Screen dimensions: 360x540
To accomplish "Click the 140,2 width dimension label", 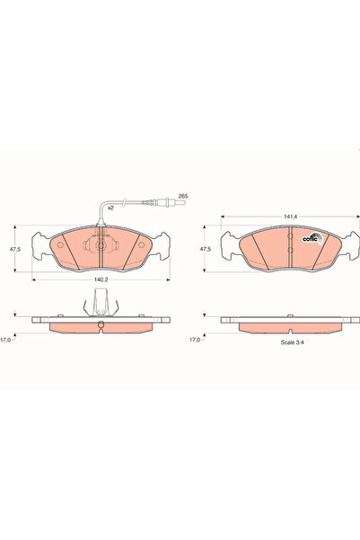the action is tap(101, 280).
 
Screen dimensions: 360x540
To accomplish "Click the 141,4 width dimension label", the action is tap(290, 217).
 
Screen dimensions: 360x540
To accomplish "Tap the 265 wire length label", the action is tap(183, 196).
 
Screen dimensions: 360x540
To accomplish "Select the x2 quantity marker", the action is tap(110, 208).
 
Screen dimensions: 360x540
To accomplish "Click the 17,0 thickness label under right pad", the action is tap(195, 340).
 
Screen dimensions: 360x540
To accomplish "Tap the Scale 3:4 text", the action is tap(293, 342).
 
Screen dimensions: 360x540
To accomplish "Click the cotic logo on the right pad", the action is tap(312, 238).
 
